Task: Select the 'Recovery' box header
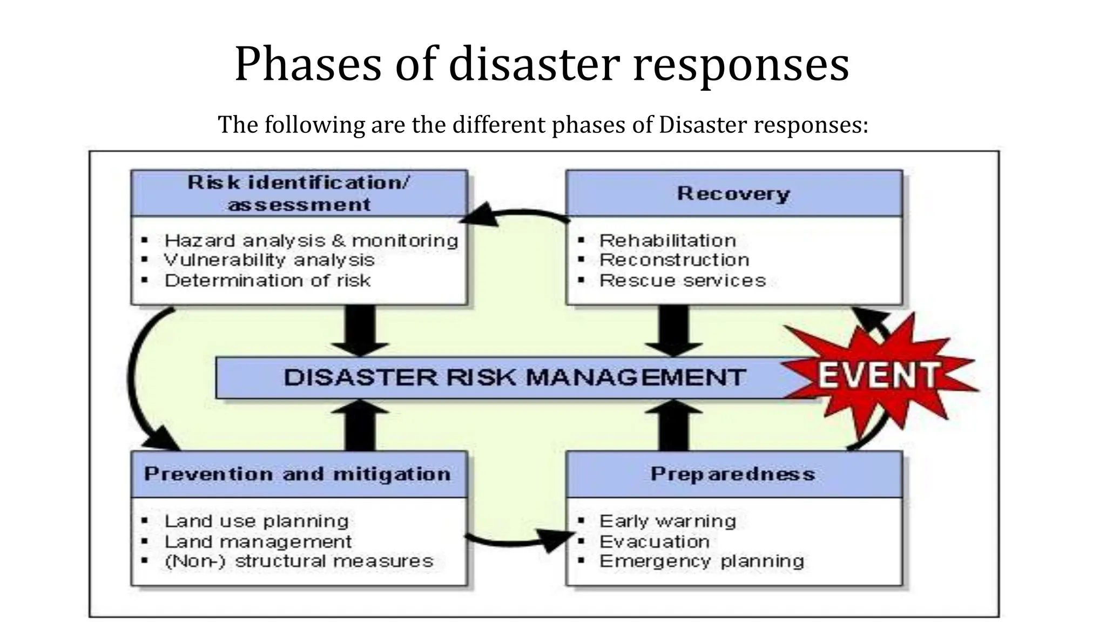coord(734,193)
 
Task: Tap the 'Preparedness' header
coord(733,474)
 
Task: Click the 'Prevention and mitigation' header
coord(298,474)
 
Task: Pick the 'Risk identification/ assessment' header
coord(299,193)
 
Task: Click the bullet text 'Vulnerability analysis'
coord(269,260)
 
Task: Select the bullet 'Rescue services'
coord(683,281)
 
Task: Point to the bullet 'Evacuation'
coord(655,542)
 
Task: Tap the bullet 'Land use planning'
coord(257,522)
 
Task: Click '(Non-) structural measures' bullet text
coord(299,562)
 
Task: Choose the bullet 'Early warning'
coord(668,522)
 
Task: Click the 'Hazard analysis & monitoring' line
coord(311,241)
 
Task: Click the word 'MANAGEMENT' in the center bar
coord(636,377)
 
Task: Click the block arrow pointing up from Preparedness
coord(674,425)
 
